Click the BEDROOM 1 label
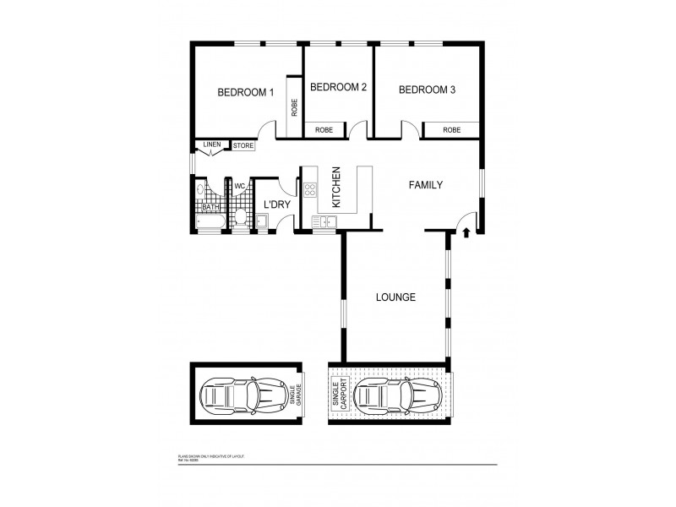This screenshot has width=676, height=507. (x=246, y=93)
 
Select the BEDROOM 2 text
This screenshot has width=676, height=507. (x=338, y=87)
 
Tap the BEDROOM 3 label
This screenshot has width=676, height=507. (x=428, y=90)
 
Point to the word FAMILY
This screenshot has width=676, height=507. (x=426, y=184)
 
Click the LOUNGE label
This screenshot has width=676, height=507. (x=395, y=297)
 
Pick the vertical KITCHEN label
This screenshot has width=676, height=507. (x=335, y=188)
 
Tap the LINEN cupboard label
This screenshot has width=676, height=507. (x=212, y=145)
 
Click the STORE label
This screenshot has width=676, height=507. (x=243, y=146)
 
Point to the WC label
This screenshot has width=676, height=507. (x=239, y=186)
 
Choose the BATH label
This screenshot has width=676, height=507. (x=210, y=207)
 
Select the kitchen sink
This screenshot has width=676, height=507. (x=324, y=222)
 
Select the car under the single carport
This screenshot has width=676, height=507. (x=390, y=395)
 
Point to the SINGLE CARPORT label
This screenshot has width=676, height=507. (x=341, y=394)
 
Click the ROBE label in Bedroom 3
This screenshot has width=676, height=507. (x=452, y=130)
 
